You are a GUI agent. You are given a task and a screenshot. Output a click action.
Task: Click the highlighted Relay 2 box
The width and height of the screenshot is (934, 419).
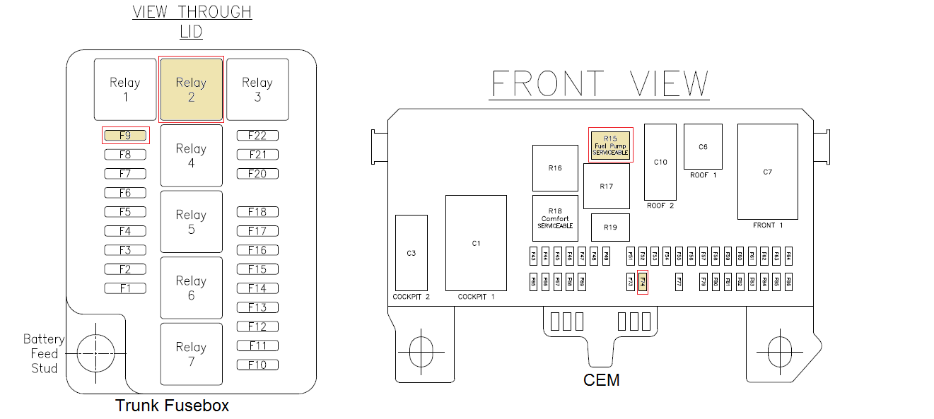[x=191, y=90]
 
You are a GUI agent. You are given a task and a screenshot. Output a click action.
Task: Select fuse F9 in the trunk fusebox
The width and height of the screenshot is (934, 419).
[x=125, y=135]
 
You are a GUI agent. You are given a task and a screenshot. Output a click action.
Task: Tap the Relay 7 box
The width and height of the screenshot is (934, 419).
[x=191, y=354]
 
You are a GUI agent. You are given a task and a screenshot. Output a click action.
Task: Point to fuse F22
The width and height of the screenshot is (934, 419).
[x=257, y=136]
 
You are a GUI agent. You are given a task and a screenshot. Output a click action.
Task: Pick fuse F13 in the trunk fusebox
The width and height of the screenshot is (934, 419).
[x=257, y=307]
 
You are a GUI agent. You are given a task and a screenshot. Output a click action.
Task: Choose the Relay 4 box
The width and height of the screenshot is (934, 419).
[x=191, y=155]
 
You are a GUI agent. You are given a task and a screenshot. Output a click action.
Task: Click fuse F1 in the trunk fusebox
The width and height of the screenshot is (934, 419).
[x=125, y=288]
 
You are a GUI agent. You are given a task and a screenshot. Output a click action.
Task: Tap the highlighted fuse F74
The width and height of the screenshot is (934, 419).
[x=643, y=281]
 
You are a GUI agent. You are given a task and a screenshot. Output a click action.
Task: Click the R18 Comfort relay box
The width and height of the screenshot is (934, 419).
[x=555, y=218]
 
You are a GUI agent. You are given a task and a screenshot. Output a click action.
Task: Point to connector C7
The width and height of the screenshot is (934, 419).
[x=768, y=172]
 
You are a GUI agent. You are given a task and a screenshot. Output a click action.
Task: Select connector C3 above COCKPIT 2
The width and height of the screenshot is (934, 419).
[x=411, y=253]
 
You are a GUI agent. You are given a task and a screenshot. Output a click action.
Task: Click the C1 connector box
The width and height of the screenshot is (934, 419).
[x=476, y=243]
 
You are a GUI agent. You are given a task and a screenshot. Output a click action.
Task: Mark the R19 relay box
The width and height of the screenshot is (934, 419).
[x=610, y=228]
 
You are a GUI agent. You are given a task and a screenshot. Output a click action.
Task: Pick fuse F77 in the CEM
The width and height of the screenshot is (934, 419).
[x=679, y=281]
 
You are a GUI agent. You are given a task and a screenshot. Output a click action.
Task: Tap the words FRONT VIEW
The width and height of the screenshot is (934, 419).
[x=600, y=84]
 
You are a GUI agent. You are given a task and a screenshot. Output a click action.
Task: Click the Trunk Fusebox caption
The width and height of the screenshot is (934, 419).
[x=172, y=406]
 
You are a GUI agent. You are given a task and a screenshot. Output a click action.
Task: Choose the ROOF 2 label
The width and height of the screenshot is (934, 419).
[x=660, y=206]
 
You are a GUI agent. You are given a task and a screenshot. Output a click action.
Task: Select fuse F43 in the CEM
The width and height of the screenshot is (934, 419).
[x=533, y=255]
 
